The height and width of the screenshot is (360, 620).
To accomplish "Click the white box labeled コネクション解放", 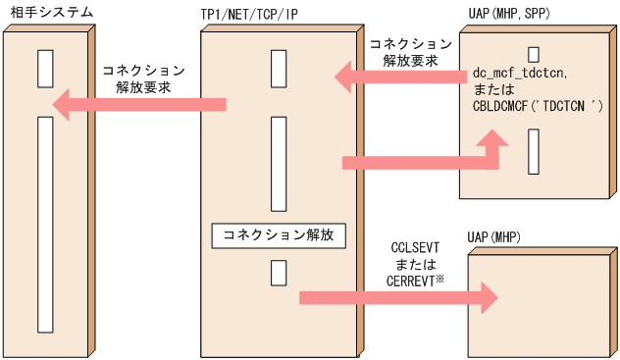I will click(x=279, y=235).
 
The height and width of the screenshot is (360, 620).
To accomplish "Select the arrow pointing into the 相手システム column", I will click(x=137, y=105).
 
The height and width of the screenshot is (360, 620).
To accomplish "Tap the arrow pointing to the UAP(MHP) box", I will click(x=397, y=296).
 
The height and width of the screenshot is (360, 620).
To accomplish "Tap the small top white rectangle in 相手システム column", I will click(x=44, y=68).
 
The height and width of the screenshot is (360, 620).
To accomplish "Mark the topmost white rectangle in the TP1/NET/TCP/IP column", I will click(x=279, y=68).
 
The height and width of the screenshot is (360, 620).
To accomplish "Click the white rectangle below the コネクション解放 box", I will click(x=279, y=273).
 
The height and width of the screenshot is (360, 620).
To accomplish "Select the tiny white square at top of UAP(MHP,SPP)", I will click(x=533, y=53).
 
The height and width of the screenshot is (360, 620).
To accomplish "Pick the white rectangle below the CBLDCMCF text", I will click(x=533, y=150).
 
